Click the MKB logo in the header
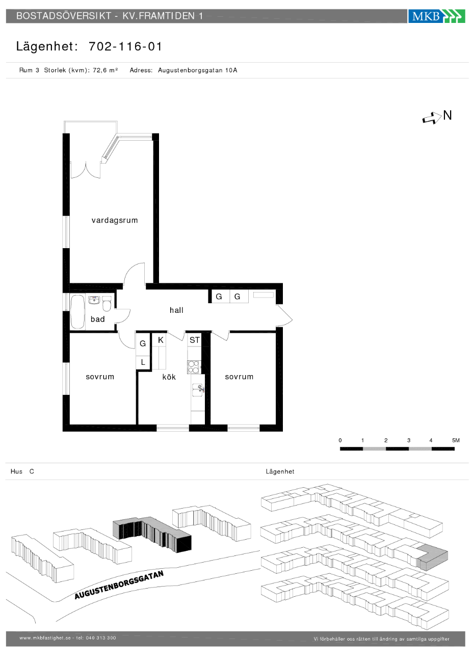point(436,16)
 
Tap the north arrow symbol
point(432,118)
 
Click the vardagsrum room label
point(115,220)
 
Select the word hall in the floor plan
point(176,310)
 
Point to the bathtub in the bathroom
point(77,311)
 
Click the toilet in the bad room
point(107,304)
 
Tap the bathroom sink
point(94,300)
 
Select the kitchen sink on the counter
point(197,390)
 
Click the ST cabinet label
point(195,340)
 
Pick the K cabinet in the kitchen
point(161,340)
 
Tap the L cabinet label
point(143,362)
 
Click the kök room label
point(169,377)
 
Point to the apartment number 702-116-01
point(125,46)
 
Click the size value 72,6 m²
point(106,70)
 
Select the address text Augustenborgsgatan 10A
point(197,70)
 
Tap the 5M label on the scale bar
point(456,440)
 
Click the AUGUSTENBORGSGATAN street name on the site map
point(119,585)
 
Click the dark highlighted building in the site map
point(152,535)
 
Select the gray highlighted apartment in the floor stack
point(432,557)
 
